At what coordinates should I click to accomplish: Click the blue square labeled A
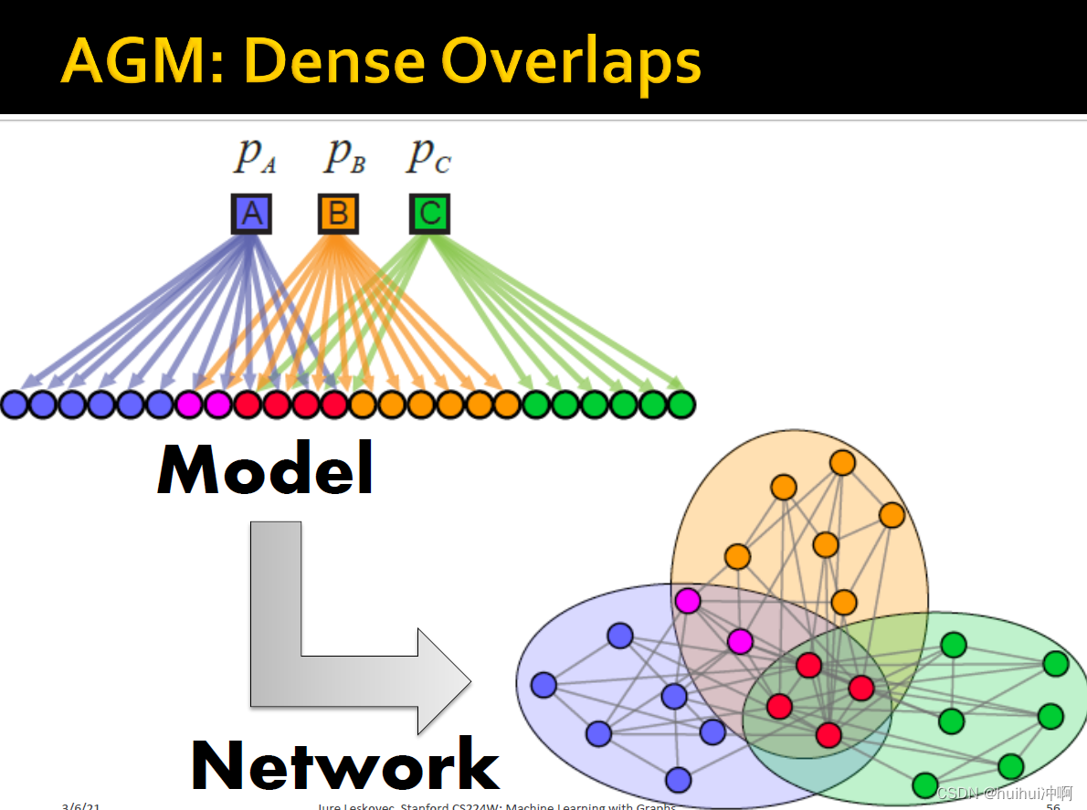251,215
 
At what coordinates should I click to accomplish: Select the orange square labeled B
338,215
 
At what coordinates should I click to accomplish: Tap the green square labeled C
429,215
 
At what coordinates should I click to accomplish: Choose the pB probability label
344,155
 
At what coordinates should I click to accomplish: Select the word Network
345,765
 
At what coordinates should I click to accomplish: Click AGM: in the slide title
143,61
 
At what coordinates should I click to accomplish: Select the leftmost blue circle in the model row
14,404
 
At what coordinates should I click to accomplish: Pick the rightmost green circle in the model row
681,404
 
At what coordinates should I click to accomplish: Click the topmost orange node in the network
842,463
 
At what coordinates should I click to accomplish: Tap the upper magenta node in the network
687,600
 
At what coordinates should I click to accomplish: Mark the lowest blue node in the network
678,779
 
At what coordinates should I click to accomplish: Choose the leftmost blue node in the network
543,684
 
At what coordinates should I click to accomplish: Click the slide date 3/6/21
81,805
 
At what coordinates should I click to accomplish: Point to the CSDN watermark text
1005,793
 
